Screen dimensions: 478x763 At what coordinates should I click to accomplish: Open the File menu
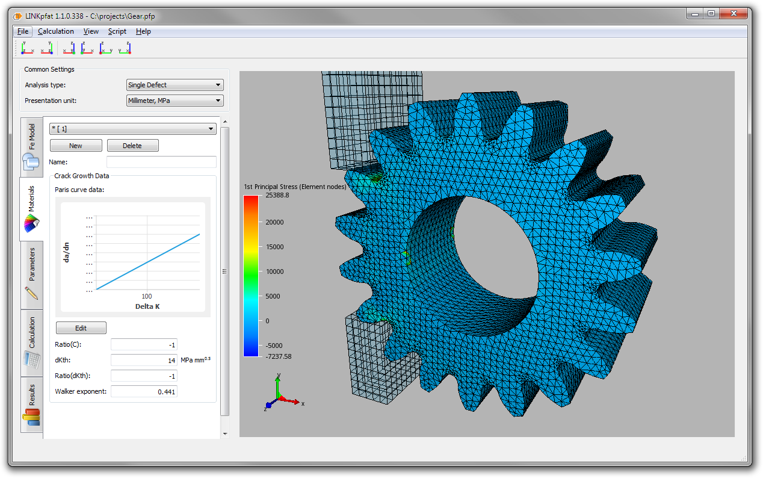(23, 31)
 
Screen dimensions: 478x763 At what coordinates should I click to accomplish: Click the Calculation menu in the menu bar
(56, 31)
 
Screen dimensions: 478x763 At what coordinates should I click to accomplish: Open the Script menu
(117, 31)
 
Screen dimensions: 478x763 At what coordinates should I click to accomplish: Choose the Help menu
(143, 31)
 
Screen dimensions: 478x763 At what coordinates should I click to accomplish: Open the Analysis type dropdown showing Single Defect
(175, 85)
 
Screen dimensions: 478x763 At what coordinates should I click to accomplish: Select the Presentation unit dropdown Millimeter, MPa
(175, 101)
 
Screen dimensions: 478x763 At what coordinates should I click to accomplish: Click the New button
(76, 146)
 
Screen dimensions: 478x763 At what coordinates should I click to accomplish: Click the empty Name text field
(161, 162)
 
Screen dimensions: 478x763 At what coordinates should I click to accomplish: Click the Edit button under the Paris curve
(81, 328)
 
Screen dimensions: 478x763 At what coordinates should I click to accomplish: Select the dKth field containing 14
(144, 360)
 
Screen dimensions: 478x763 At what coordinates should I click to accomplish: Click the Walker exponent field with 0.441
(144, 391)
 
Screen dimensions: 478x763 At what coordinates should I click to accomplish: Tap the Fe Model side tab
(32, 144)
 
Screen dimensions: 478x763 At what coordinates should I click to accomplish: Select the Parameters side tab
(32, 271)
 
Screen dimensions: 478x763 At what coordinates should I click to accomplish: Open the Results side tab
(32, 403)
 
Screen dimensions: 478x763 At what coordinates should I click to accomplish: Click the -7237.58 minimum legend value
(278, 356)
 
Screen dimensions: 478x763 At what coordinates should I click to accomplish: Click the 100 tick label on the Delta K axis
(146, 296)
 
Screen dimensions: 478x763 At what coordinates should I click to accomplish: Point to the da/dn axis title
(67, 251)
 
